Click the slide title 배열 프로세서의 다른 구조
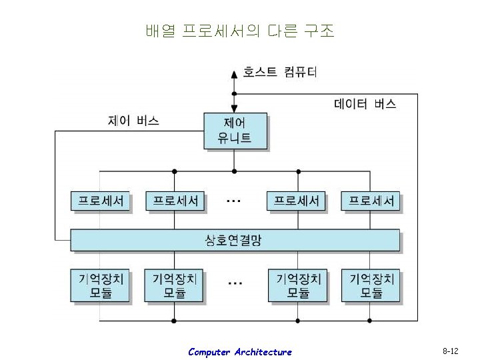239,31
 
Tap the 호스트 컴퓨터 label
280,72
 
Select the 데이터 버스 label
364,104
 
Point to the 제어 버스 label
133,121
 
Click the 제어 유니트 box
235,131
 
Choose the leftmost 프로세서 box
101,201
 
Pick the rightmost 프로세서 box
371,201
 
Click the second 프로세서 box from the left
175,201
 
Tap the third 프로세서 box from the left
297,201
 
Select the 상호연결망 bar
235,240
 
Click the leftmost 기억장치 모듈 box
101,285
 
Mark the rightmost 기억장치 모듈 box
371,285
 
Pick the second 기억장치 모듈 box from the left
175,285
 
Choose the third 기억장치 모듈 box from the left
297,285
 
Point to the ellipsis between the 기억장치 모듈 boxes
235,282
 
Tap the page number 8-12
450,351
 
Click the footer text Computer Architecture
239,352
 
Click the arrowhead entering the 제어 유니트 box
234,109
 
